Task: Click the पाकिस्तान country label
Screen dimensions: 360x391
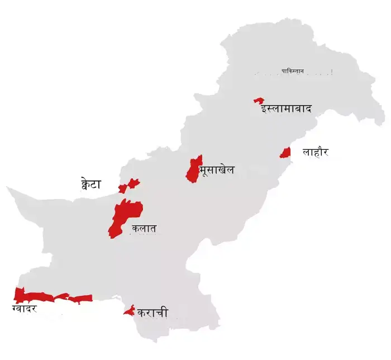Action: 293,72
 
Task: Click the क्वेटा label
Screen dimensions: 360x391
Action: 91,184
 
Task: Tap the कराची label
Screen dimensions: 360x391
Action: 152,313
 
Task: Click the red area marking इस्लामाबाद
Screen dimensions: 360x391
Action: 259,100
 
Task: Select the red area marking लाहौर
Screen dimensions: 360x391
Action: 285,152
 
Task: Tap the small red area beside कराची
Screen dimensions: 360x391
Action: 129,310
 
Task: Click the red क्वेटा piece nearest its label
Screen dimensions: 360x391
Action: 122,189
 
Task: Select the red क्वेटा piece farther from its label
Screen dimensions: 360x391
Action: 133,182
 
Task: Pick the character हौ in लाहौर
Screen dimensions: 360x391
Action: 316,151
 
